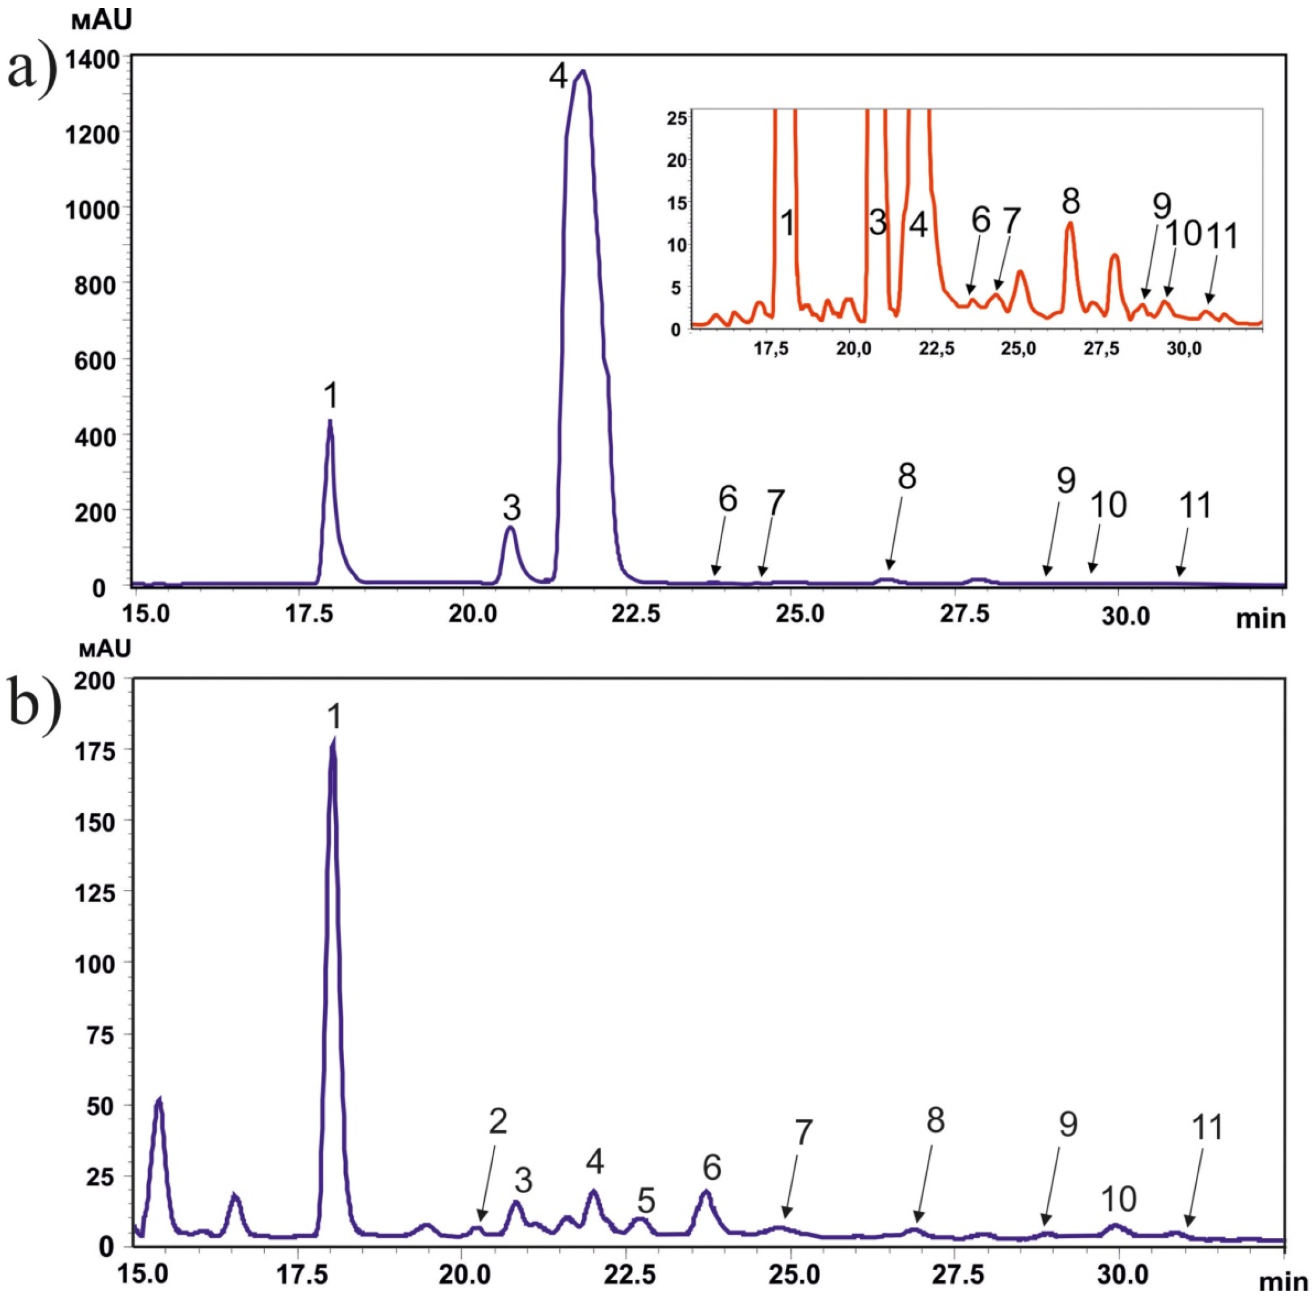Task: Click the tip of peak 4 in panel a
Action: click(x=582, y=71)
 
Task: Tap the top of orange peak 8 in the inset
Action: click(x=1070, y=223)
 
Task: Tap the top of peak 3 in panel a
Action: click(x=510, y=527)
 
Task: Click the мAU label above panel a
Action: click(x=100, y=20)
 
